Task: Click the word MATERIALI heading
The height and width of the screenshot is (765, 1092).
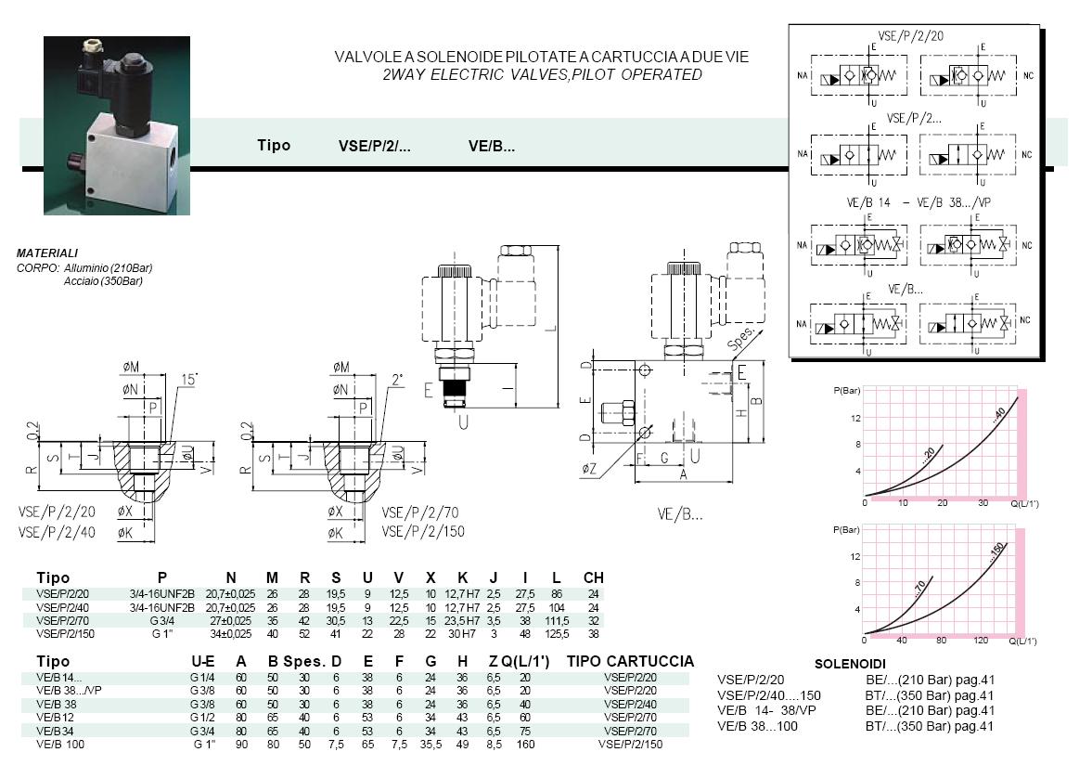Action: click(47, 253)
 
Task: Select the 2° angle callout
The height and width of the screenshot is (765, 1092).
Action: click(396, 380)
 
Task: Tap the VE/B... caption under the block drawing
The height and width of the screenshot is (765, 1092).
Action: click(680, 513)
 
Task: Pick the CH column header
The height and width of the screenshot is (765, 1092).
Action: click(593, 577)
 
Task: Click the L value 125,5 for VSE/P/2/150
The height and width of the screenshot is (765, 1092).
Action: click(558, 633)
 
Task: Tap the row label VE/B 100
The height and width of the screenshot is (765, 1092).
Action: click(60, 744)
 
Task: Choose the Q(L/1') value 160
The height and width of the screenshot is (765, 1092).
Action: click(525, 744)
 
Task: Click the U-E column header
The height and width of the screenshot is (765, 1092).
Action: click(203, 661)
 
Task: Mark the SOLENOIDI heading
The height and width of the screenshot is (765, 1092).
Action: click(849, 665)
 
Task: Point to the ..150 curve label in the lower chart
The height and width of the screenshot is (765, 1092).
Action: click(996, 555)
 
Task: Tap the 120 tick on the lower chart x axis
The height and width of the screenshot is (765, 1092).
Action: click(981, 641)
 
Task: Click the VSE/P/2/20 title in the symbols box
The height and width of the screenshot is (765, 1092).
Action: click(909, 35)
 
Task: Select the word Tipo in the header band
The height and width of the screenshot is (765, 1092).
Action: click(274, 145)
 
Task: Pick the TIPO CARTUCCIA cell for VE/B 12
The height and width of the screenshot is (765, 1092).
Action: click(630, 717)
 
